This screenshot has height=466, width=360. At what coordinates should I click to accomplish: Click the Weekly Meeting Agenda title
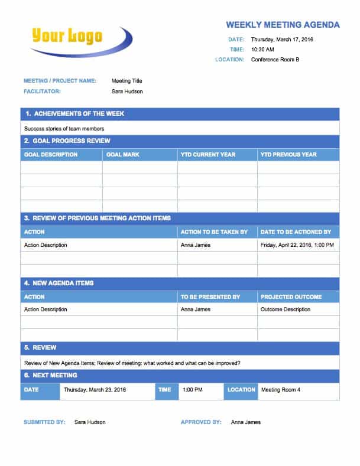coord(283,25)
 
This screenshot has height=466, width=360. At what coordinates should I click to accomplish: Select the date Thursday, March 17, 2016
coord(282,40)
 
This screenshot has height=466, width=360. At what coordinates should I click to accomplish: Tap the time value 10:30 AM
coord(262,50)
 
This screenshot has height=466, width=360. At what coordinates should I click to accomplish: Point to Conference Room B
coord(275,60)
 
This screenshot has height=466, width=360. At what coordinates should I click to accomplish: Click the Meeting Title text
coord(127,81)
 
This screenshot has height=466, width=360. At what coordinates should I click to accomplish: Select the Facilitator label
coord(42,92)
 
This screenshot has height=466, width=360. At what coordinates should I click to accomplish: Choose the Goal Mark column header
coord(123,155)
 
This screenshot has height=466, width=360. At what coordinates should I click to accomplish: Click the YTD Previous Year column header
coord(288,155)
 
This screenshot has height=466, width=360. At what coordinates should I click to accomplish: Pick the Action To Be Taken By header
coord(214,232)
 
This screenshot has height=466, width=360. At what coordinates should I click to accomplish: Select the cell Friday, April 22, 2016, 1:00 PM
coord(297,245)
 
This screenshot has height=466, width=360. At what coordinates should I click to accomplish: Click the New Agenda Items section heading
coord(59,283)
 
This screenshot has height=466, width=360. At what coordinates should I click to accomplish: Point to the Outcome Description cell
coord(286,309)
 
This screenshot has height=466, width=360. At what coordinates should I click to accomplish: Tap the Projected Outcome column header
coord(291,297)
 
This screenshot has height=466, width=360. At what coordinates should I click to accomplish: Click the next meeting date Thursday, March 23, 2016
coord(95,390)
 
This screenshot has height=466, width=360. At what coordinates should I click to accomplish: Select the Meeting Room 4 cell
coord(281,390)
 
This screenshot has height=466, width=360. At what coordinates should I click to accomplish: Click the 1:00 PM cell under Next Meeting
coord(193,390)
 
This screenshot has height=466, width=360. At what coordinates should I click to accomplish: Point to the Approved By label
coord(201,422)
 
